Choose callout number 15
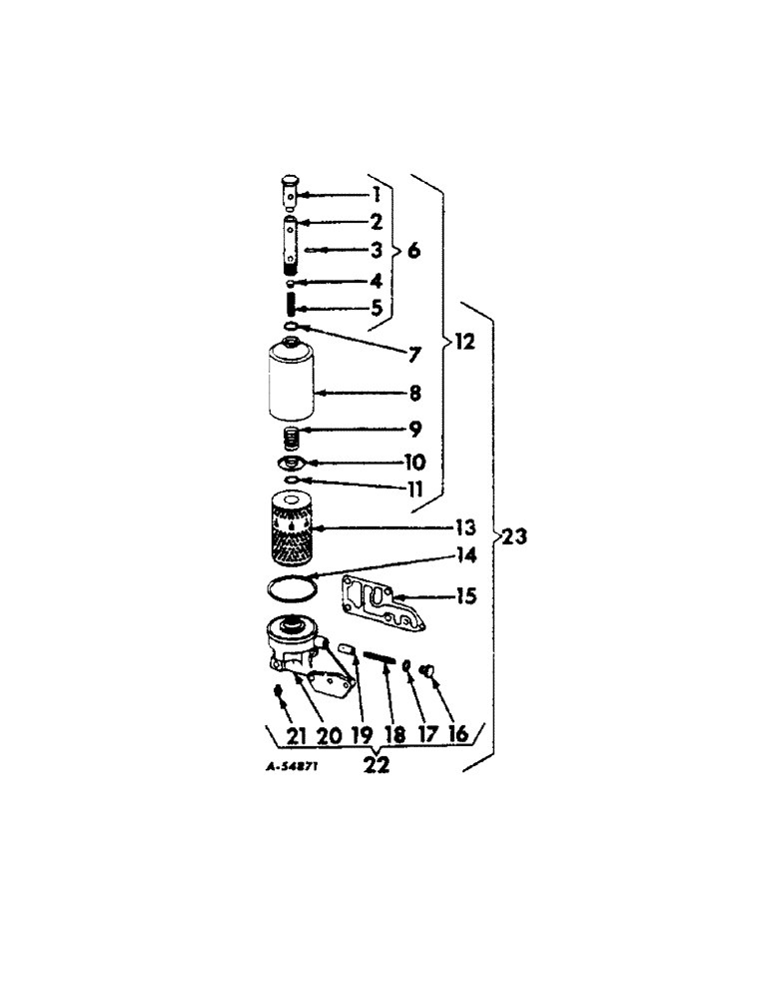(464, 597)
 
